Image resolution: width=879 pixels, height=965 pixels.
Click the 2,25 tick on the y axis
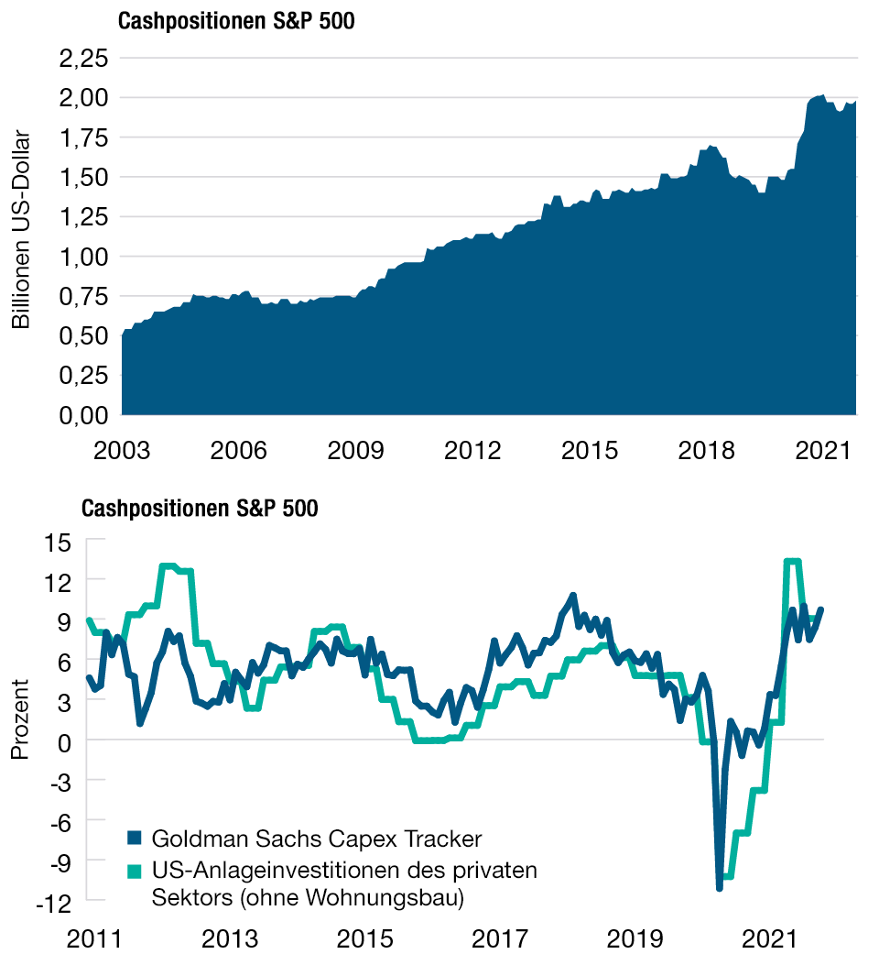(83, 58)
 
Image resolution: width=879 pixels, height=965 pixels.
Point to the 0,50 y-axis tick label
(83, 335)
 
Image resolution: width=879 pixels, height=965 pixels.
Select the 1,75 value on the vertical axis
(83, 137)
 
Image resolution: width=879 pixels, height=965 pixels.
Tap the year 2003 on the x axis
(123, 450)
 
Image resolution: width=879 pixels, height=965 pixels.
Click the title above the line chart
(201, 509)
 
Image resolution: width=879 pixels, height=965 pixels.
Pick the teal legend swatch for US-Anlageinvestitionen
(136, 870)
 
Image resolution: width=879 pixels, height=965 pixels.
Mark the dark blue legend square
(136, 838)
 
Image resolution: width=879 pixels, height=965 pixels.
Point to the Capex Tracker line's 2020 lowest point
(720, 887)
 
